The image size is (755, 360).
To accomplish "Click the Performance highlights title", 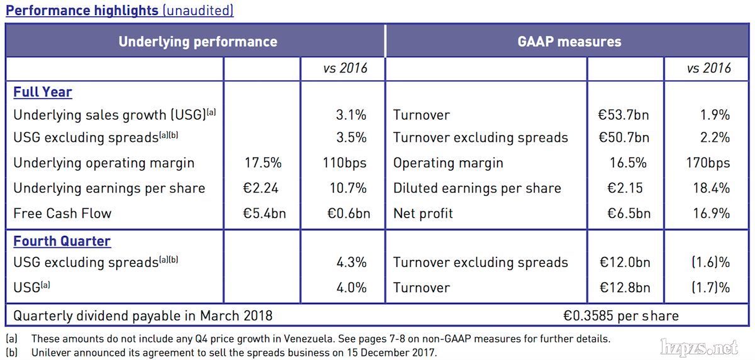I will (82, 11).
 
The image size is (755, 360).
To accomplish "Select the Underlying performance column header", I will (198, 42).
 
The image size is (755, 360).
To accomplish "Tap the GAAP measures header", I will (569, 42).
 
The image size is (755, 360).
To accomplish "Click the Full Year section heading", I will (43, 92).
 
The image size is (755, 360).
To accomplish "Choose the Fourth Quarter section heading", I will (62, 241).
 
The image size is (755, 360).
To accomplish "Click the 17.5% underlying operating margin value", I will (263, 163).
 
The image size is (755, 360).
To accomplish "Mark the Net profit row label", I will (423, 213).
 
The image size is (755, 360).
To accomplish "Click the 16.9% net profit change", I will (710, 213).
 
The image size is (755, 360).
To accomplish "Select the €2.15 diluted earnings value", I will (627, 188).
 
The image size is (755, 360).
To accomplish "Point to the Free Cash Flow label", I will (62, 213).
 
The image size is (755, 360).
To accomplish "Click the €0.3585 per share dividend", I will (621, 315).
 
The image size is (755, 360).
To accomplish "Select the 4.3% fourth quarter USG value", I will (352, 262).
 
